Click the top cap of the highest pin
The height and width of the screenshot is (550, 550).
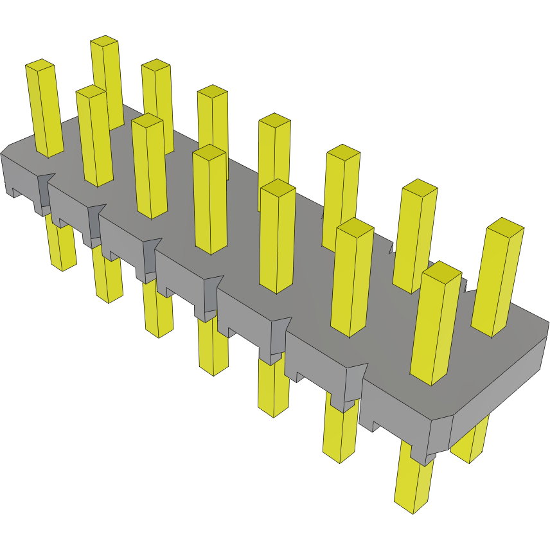point(104,41)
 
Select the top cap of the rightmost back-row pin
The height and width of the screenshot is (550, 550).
point(506,226)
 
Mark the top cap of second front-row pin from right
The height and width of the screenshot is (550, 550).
point(354,226)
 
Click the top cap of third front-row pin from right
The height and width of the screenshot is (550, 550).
point(278,187)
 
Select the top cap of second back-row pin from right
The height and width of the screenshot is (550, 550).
point(419,187)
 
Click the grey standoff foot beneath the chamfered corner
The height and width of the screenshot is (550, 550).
point(421,456)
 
